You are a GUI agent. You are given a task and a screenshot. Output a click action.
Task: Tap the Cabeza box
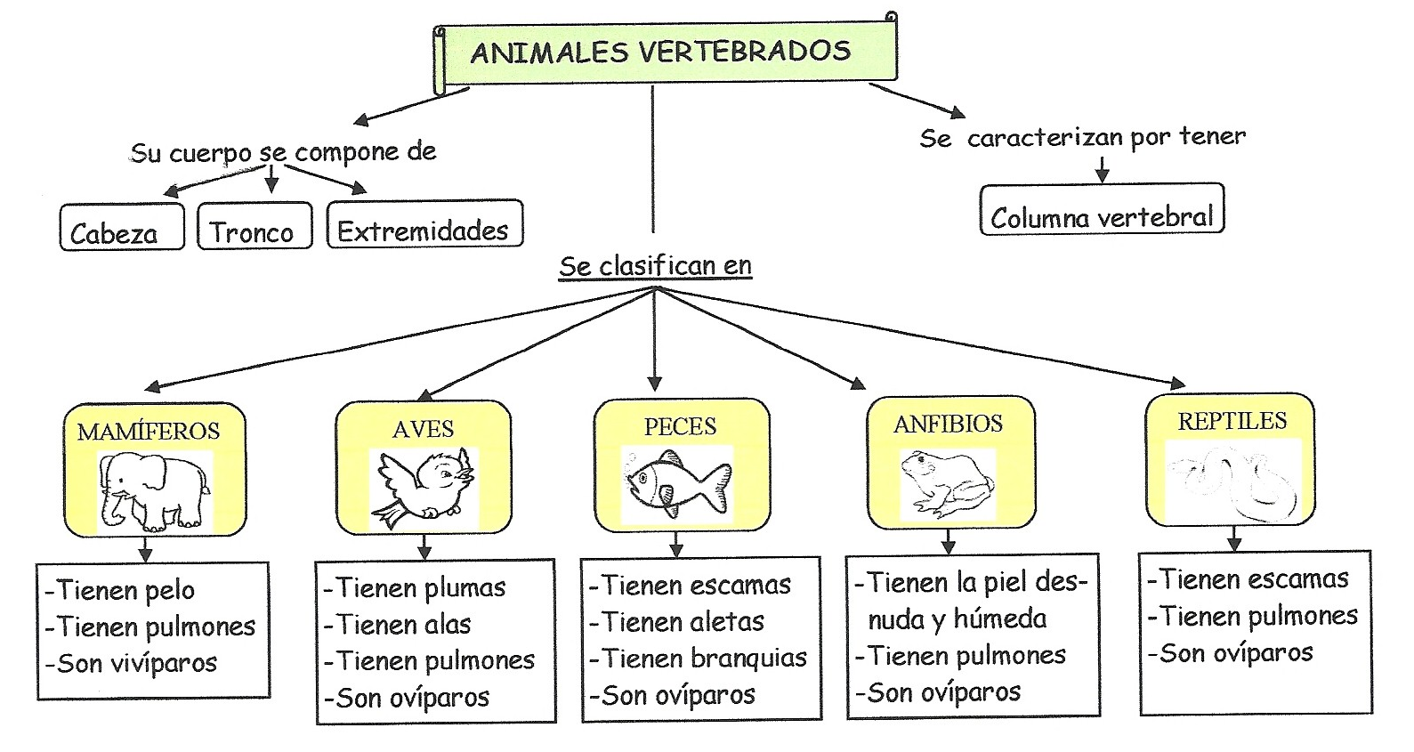(x=122, y=227)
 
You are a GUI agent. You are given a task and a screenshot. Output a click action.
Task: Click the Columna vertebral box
(x=1102, y=210)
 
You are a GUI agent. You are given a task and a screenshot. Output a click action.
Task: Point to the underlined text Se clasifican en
(x=655, y=265)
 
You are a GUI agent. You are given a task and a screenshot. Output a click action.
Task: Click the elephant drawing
(x=154, y=491)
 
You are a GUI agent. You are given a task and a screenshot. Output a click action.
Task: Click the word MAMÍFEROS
(x=149, y=432)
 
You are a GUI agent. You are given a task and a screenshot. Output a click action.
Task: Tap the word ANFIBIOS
(x=948, y=425)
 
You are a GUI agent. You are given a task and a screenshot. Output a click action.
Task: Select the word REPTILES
(x=1232, y=421)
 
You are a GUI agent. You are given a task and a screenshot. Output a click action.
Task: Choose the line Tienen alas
(x=398, y=625)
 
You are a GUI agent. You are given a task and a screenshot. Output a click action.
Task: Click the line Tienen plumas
(x=415, y=588)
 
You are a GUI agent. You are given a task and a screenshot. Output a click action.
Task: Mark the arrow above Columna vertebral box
(x=1102, y=169)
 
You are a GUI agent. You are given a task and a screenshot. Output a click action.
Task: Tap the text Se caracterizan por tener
(x=1082, y=137)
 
